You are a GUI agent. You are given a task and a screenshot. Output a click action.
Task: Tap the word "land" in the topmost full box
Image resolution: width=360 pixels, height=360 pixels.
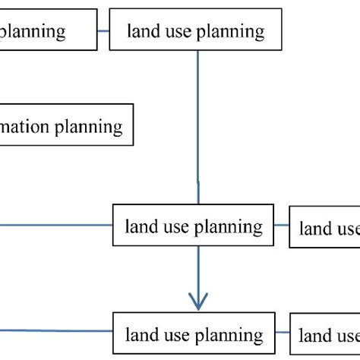click(x=143, y=31)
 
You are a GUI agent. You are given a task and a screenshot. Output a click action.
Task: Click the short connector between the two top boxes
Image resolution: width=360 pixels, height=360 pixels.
click(x=103, y=30)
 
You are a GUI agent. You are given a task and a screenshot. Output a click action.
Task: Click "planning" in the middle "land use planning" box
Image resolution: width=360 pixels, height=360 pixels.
click(x=228, y=226)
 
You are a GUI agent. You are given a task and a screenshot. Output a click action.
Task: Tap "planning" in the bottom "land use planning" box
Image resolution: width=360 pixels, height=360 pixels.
click(x=228, y=335)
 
